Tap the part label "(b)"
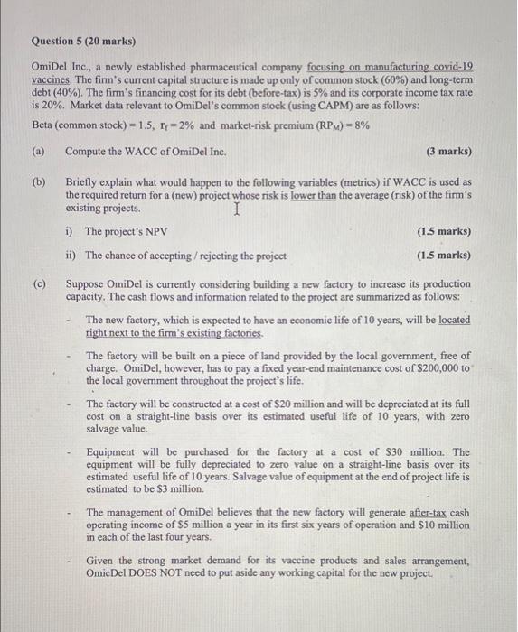point(40,181)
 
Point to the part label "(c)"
point(40,283)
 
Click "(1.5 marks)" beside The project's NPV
point(444,231)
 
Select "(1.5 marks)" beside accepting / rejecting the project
point(444,256)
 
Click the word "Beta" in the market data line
point(44,125)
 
